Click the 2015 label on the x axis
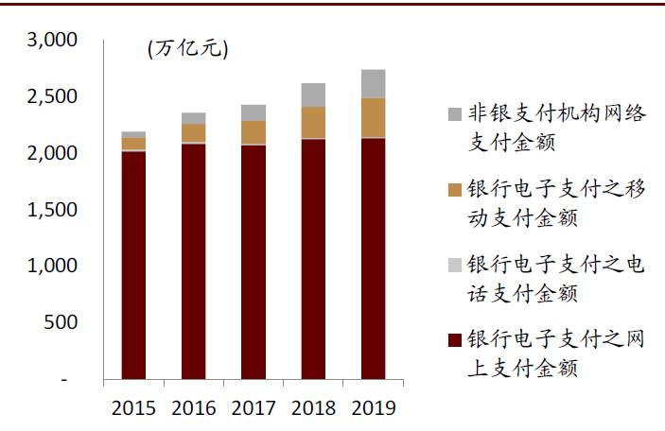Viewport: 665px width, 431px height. [x=133, y=408]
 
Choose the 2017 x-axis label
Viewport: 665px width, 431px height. [x=253, y=408]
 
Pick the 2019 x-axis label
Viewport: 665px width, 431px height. [x=373, y=408]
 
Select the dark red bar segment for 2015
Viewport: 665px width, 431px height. [x=133, y=265]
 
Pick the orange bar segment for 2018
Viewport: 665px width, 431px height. [x=313, y=123]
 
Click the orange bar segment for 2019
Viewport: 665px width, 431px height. [x=373, y=118]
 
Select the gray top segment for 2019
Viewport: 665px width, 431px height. [x=373, y=84]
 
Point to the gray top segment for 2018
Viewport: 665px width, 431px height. [x=313, y=95]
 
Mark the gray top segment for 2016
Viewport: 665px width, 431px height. [x=193, y=118]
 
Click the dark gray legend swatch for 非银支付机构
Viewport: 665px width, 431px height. [x=454, y=114]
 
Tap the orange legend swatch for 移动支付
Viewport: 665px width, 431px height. [x=454, y=189]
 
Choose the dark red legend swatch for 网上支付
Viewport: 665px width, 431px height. [x=454, y=339]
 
